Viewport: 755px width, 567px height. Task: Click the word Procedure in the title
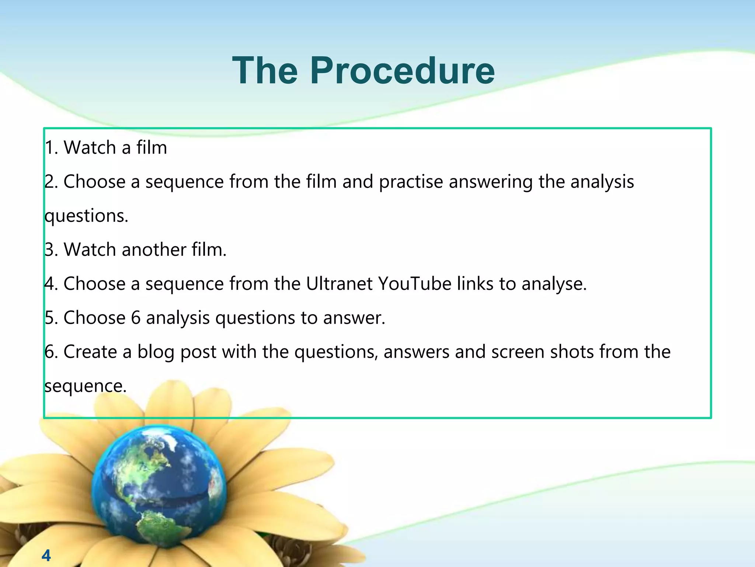click(403, 71)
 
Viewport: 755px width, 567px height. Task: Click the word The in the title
click(265, 71)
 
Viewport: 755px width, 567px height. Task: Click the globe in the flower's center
click(159, 484)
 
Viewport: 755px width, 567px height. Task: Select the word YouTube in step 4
click(415, 284)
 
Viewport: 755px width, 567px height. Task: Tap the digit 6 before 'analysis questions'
click(136, 318)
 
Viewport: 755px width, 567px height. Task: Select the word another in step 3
click(154, 250)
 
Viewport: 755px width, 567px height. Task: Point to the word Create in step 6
click(90, 352)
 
